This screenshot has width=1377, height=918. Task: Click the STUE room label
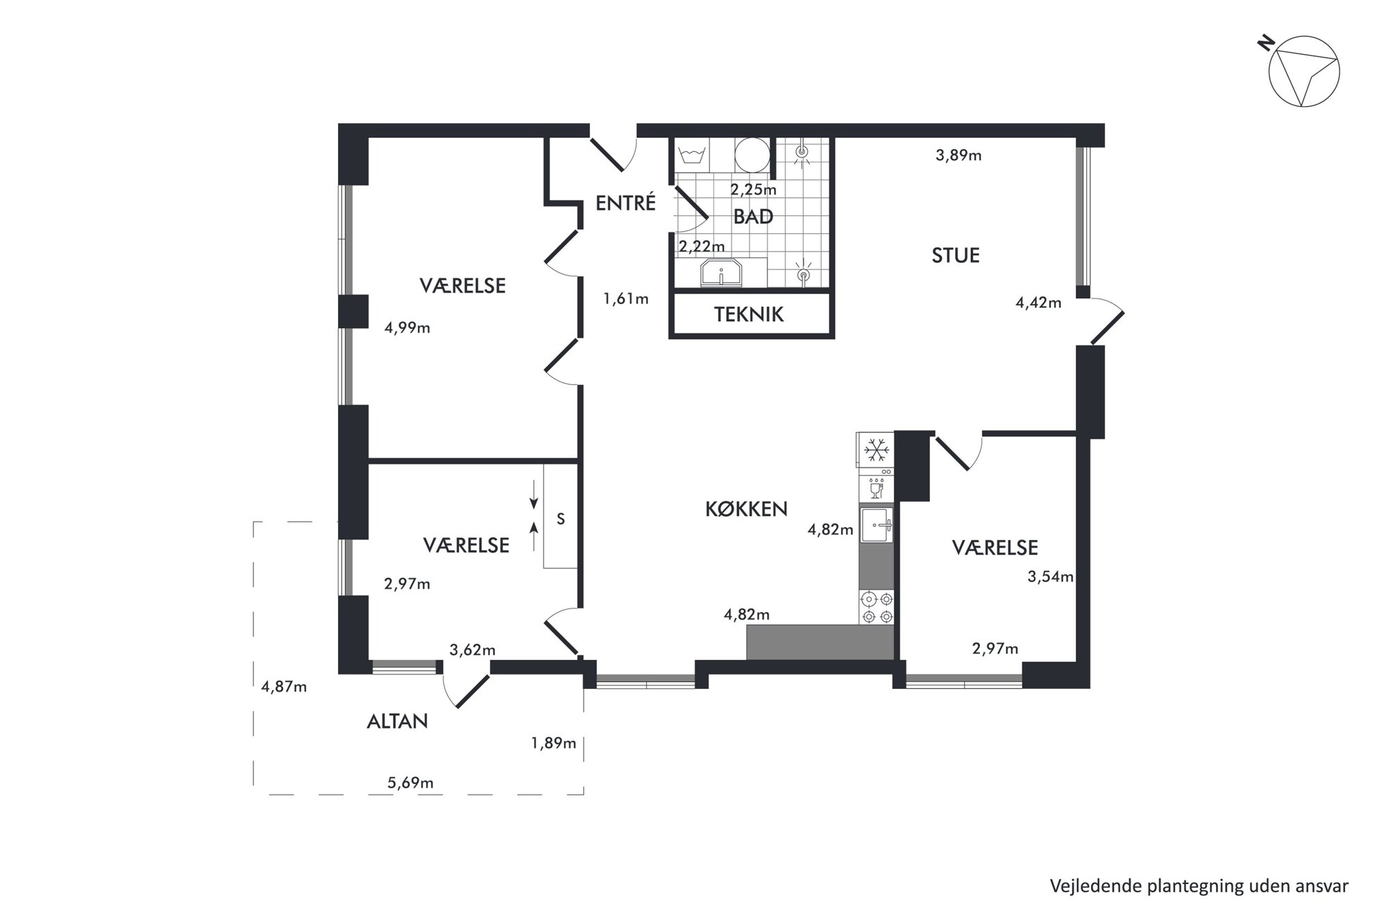[956, 255]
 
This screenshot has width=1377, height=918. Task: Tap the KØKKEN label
[746, 509]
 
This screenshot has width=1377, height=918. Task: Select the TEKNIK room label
[749, 314]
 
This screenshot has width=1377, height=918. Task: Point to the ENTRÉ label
[625, 203]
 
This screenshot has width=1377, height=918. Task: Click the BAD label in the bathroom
[753, 217]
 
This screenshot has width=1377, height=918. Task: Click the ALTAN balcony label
[397, 722]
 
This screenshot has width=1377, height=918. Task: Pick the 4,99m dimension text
[407, 328]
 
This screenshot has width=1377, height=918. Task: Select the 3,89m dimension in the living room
[958, 155]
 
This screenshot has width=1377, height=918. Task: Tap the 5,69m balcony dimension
[410, 783]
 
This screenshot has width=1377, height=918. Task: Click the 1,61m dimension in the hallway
[626, 299]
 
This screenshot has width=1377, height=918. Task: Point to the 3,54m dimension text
[1051, 577]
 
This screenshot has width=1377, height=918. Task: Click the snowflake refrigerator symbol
[877, 451]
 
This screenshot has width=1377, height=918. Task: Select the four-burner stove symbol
[877, 607]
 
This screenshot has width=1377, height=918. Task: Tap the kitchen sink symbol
[876, 525]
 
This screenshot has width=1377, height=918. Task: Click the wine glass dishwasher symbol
[876, 488]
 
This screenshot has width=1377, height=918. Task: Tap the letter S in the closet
[561, 518]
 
